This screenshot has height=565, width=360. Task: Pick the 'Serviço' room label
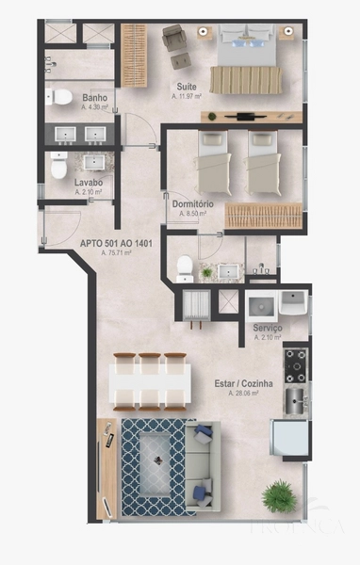pyautogui.click(x=268, y=327)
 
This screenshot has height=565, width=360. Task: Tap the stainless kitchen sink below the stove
pyautogui.click(x=296, y=399)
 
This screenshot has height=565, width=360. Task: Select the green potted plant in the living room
pyautogui.click(x=279, y=493)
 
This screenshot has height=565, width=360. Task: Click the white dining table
pyautogui.click(x=150, y=382)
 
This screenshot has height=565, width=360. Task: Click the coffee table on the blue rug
pyautogui.click(x=153, y=467)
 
